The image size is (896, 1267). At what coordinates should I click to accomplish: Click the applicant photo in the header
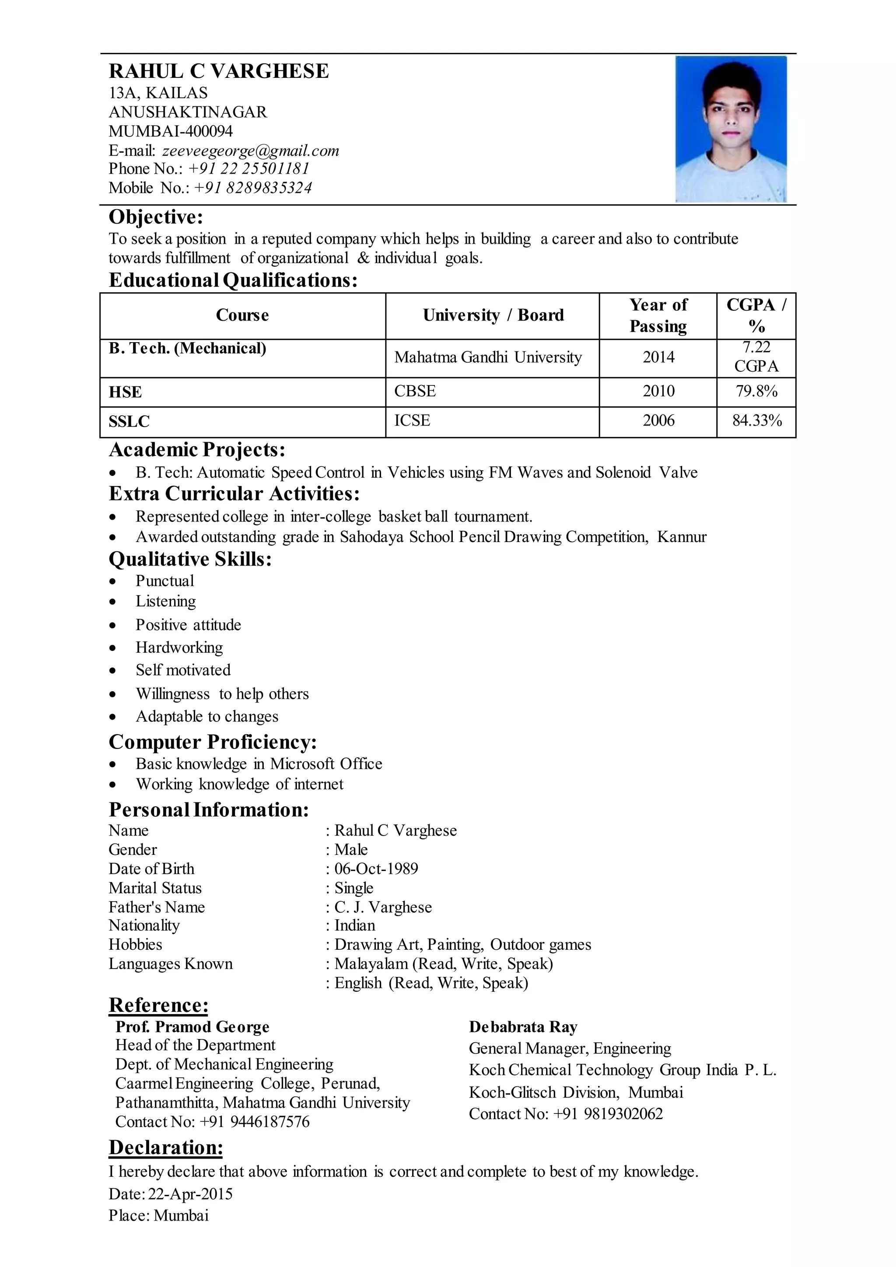click(x=731, y=129)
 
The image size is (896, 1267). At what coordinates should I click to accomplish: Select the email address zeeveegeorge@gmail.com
click(x=251, y=150)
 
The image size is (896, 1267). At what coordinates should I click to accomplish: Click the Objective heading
click(x=156, y=217)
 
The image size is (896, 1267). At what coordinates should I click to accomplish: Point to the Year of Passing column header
click(x=658, y=315)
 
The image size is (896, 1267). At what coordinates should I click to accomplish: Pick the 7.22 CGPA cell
click(x=756, y=357)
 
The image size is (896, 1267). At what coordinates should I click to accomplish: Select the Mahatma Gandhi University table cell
click(x=488, y=357)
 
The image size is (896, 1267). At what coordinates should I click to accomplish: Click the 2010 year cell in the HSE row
click(x=658, y=391)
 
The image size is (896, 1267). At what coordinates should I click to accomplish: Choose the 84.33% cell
click(x=756, y=421)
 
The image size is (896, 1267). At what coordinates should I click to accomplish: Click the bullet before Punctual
click(x=113, y=581)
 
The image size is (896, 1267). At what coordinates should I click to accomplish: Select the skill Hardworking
click(x=179, y=647)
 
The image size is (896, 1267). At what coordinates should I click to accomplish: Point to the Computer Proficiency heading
click(x=213, y=742)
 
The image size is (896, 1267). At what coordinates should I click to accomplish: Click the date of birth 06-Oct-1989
click(x=376, y=868)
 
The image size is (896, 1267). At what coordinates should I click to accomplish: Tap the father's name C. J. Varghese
click(x=383, y=907)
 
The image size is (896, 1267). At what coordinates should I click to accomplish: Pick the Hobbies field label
click(x=135, y=944)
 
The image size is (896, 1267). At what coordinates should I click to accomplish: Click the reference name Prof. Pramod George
click(x=192, y=1027)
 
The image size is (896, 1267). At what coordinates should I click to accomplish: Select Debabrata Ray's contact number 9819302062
click(x=623, y=1113)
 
